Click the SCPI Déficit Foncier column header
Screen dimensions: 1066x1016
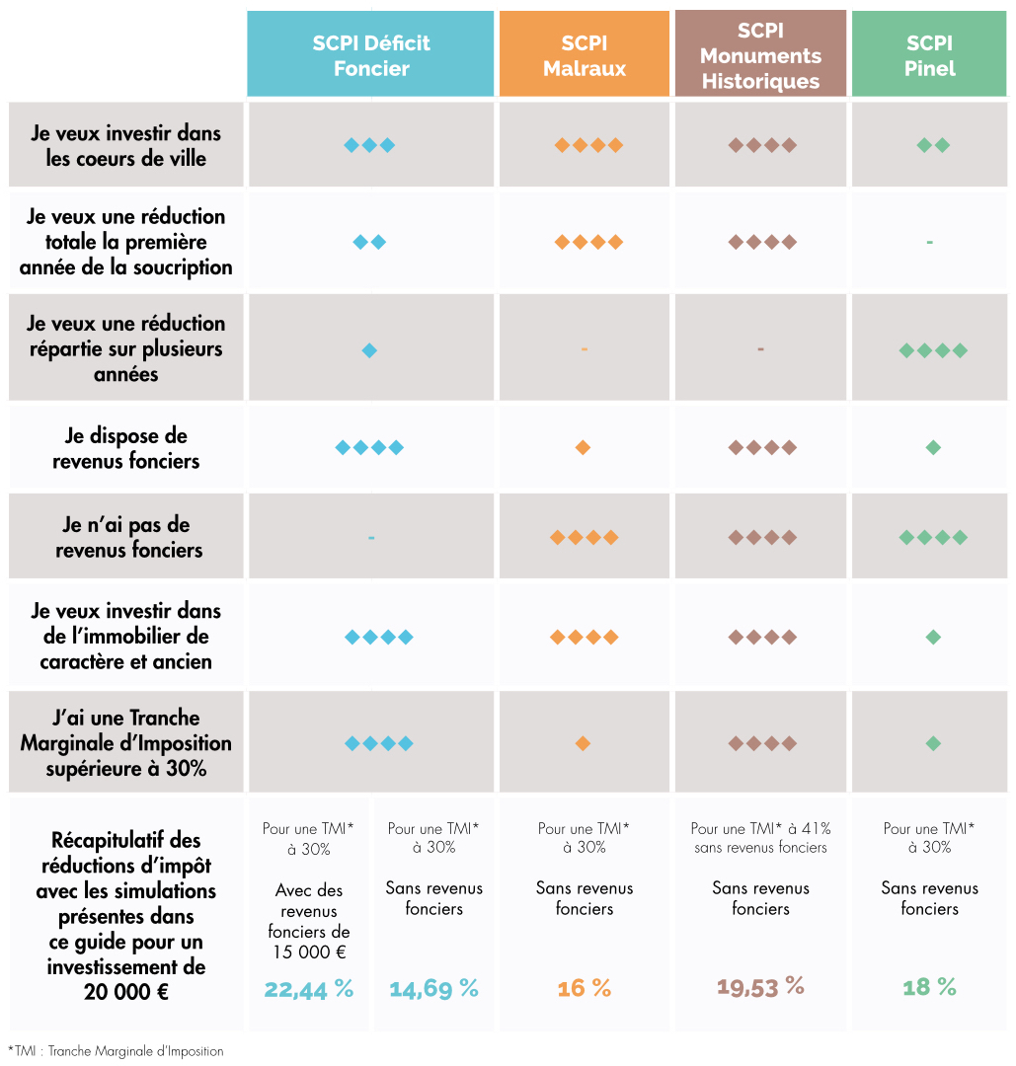pos(370,55)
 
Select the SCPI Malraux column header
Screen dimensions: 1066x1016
pos(585,55)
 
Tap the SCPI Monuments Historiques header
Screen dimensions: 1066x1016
pos(760,55)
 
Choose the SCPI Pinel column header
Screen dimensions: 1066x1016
pos(929,55)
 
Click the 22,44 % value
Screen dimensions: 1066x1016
pos(308,988)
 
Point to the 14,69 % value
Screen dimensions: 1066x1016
pos(433,988)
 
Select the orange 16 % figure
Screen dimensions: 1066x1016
pos(585,988)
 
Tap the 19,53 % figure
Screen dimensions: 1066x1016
pos(760,986)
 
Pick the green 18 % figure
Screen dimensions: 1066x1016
pos(929,987)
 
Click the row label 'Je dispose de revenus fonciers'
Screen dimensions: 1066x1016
pos(126,448)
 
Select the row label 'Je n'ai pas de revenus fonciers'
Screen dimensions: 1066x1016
pos(126,538)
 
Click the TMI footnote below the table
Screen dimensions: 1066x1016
pos(116,1051)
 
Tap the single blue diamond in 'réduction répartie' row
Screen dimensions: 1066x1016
pos(369,350)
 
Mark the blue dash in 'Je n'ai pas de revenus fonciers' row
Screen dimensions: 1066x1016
pos(371,538)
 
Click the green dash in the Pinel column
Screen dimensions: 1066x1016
pos(929,242)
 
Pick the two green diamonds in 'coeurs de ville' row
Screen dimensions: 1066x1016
pos(933,145)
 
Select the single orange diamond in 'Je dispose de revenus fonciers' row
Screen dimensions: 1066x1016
pos(583,448)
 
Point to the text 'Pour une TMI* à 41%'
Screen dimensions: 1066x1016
pos(760,829)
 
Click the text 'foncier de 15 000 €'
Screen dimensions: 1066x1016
pos(309,942)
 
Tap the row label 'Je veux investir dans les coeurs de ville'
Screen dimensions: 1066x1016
pos(126,145)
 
